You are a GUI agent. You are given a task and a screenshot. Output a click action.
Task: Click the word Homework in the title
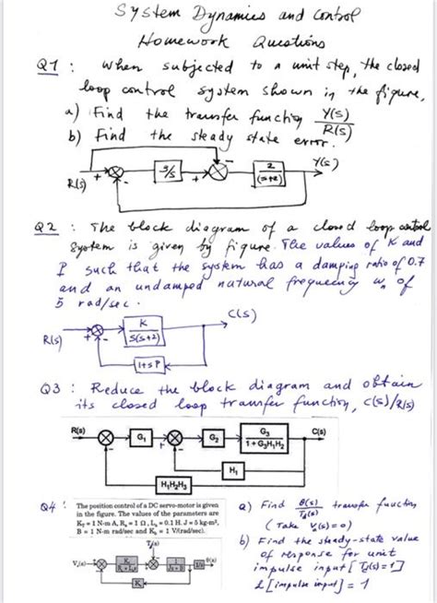(170, 41)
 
